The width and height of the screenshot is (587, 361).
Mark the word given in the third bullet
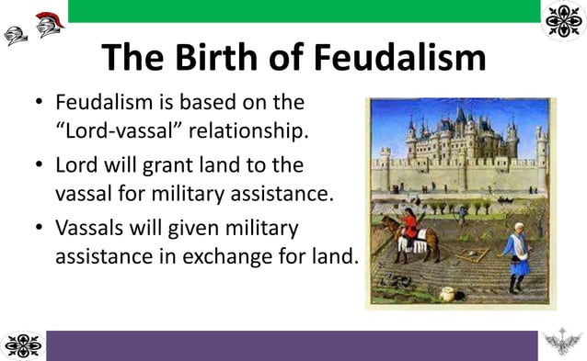point(191,227)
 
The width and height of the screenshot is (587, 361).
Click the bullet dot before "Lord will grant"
point(37,165)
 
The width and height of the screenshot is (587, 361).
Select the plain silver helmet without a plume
point(15,36)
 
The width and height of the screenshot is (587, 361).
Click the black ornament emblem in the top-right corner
point(564,21)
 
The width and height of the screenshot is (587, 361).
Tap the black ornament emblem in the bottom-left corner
point(22,345)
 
